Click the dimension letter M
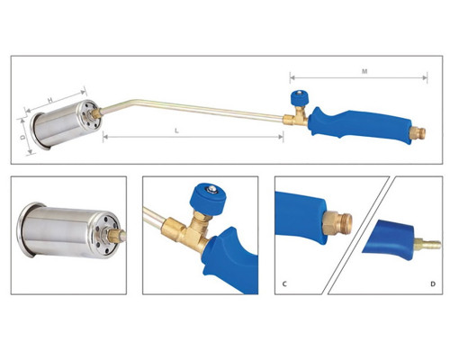pyautogui.click(x=364, y=71)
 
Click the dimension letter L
pyautogui.click(x=177, y=130)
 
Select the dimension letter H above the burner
pyautogui.click(x=50, y=100)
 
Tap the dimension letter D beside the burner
pyautogui.click(x=22, y=138)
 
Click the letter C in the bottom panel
pyautogui.click(x=284, y=283)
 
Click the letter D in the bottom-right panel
pyautogui.click(x=433, y=283)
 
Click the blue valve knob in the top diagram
pyautogui.click(x=299, y=97)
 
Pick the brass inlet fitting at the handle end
pyautogui.click(x=418, y=133)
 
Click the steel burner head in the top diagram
pyautogui.click(x=65, y=124)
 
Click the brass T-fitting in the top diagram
pyautogui.click(x=296, y=116)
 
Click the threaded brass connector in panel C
pyautogui.click(x=337, y=222)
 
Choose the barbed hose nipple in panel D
pyautogui.click(x=427, y=244)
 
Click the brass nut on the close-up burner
pyautogui.click(x=115, y=235)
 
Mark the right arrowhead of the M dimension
pyautogui.click(x=425, y=78)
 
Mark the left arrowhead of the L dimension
pyautogui.click(x=105, y=137)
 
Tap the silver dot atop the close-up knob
pyautogui.click(x=212, y=189)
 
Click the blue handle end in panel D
pyautogui.click(x=390, y=239)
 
